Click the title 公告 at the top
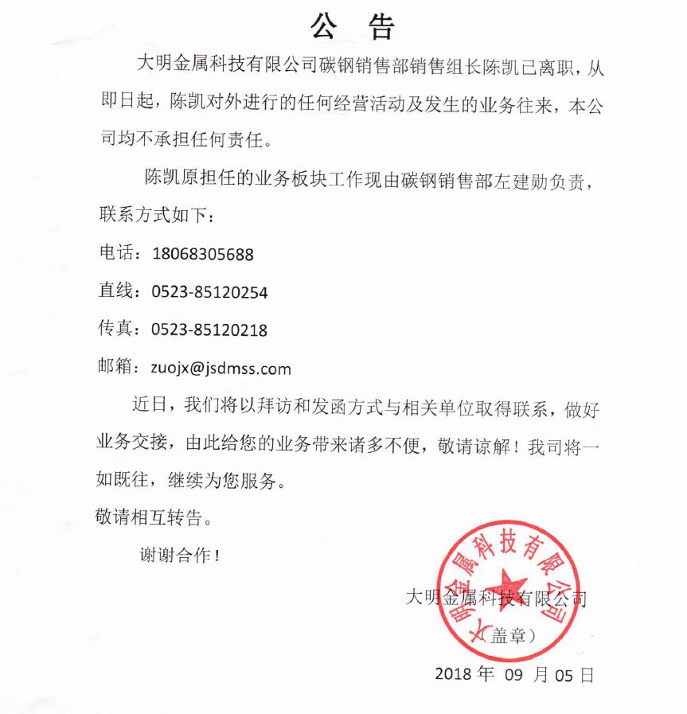tap(353, 27)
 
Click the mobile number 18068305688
tap(202, 255)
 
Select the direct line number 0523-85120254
tap(209, 292)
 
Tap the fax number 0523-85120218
tap(209, 330)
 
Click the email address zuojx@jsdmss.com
tap(221, 369)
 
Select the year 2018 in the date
tap(454, 675)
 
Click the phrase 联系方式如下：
tap(155, 216)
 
